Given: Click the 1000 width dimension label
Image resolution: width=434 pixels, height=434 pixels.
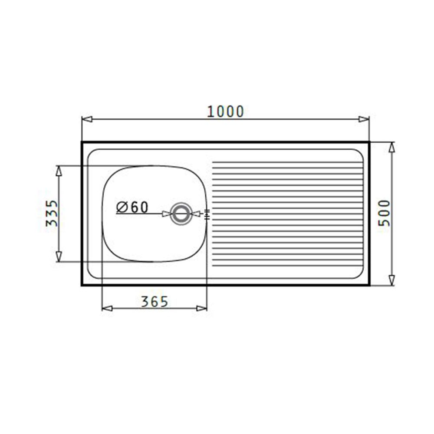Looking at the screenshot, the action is pyautogui.click(x=226, y=112).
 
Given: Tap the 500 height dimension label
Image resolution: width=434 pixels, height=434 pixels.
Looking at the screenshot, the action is pyautogui.click(x=384, y=213).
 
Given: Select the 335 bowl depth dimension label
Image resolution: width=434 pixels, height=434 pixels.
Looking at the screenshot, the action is pyautogui.click(x=52, y=213).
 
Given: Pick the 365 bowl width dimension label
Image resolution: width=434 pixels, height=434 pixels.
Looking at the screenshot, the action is pyautogui.click(x=155, y=302).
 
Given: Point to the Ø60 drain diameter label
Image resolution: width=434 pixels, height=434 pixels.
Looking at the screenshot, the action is pyautogui.click(x=132, y=207).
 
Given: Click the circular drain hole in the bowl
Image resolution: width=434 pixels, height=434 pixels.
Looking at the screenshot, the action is pyautogui.click(x=181, y=214).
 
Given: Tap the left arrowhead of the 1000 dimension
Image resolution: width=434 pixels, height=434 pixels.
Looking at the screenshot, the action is pyautogui.click(x=87, y=119).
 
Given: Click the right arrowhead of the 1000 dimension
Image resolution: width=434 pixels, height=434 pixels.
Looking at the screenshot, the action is pyautogui.click(x=364, y=119).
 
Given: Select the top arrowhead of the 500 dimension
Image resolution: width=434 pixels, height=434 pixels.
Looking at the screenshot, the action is pyautogui.click(x=391, y=148).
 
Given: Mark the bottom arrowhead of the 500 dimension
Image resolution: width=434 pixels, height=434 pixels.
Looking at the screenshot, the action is pyautogui.click(x=391, y=280).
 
